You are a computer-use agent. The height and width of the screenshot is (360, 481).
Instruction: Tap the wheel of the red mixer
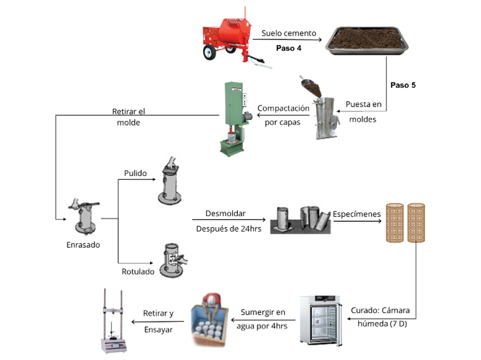(209, 53)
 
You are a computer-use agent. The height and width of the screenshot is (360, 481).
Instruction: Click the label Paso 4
(289, 48)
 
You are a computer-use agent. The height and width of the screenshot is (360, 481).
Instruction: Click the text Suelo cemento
(289, 33)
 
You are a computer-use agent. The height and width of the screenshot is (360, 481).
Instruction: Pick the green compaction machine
(233, 119)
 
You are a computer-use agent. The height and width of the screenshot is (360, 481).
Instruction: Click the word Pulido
(135, 173)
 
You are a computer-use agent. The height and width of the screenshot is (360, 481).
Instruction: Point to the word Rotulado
(138, 272)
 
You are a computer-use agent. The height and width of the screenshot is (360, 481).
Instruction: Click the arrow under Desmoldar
(229, 219)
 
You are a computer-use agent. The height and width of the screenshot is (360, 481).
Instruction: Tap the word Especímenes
(356, 214)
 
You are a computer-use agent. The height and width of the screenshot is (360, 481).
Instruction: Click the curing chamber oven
(321, 319)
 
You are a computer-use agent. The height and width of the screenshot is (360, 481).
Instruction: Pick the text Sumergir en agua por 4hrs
(264, 319)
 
